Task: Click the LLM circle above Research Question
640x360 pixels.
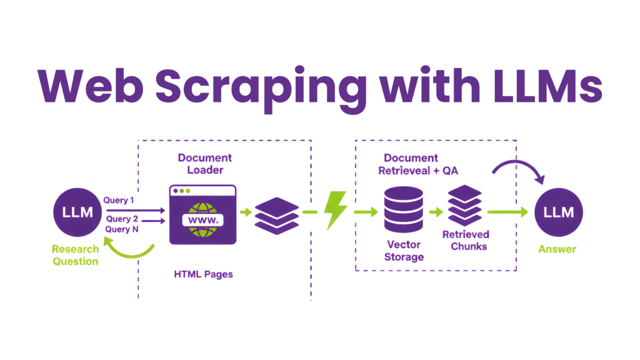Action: coord(77,212)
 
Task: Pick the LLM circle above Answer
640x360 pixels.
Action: coord(559,212)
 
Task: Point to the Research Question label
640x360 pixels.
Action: coord(75,255)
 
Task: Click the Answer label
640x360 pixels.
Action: coord(557,249)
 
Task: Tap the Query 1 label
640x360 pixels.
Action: coord(119,200)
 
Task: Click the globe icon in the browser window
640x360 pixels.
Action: coord(202,219)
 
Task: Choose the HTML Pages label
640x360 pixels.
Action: coord(203,274)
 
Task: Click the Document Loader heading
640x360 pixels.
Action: coord(204,163)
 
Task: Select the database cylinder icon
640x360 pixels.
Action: coord(403,210)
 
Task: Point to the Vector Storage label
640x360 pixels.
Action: coord(404,250)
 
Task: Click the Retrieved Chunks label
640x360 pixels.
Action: coord(465,240)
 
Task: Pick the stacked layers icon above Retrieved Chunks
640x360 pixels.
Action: coord(465,205)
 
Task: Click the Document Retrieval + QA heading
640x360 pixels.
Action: coord(418,164)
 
